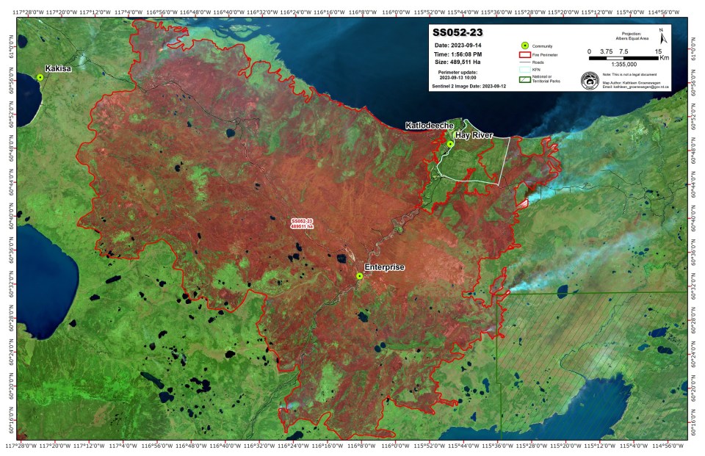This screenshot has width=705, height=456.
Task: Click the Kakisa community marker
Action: click(40, 77)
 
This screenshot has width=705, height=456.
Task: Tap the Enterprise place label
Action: click(384, 267)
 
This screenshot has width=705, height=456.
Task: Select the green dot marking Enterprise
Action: click(359, 276)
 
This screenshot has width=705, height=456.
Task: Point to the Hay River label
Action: click(474, 136)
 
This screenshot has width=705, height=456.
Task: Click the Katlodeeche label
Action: click(430, 126)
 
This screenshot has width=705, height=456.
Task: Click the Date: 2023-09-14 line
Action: click(460, 46)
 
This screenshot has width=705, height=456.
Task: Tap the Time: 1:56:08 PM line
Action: click(459, 54)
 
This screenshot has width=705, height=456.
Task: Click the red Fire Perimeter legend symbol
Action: click(524, 54)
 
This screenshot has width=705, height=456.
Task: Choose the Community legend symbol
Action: click(524, 46)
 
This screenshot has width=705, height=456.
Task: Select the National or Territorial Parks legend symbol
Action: click(524, 80)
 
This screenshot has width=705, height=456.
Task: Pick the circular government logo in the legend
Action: click(590, 80)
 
